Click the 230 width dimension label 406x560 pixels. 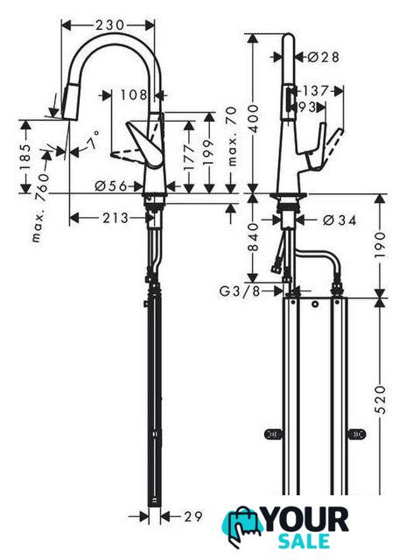(109, 25)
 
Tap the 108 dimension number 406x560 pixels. (134, 95)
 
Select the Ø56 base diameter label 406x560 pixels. (111, 185)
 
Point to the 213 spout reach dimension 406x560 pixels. (115, 218)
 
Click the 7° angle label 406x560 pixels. (93, 140)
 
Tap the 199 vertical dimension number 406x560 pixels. (208, 151)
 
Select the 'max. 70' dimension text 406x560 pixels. (232, 136)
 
